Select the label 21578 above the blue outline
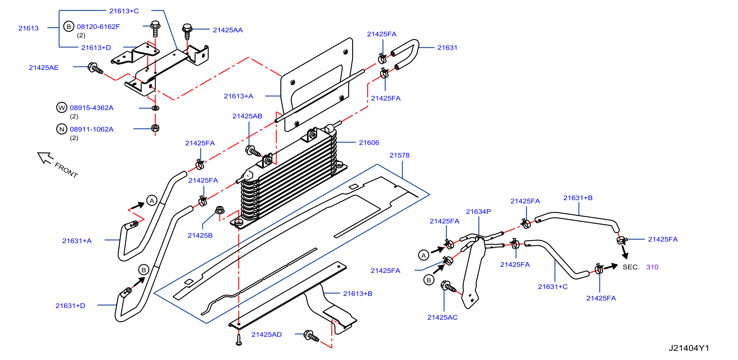(399, 155)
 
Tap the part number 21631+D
(70, 306)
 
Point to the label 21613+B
(357, 294)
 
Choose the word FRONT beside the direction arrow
(66, 170)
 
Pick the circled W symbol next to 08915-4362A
(62, 108)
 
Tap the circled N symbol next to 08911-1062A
(62, 129)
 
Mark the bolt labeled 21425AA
(187, 31)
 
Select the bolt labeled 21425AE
(95, 68)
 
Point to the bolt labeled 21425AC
(448, 286)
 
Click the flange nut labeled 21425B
(219, 210)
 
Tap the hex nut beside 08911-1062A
(155, 128)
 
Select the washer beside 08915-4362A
(155, 108)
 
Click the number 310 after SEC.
(652, 267)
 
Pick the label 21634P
(478, 212)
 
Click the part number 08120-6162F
(98, 27)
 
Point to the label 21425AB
(247, 116)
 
